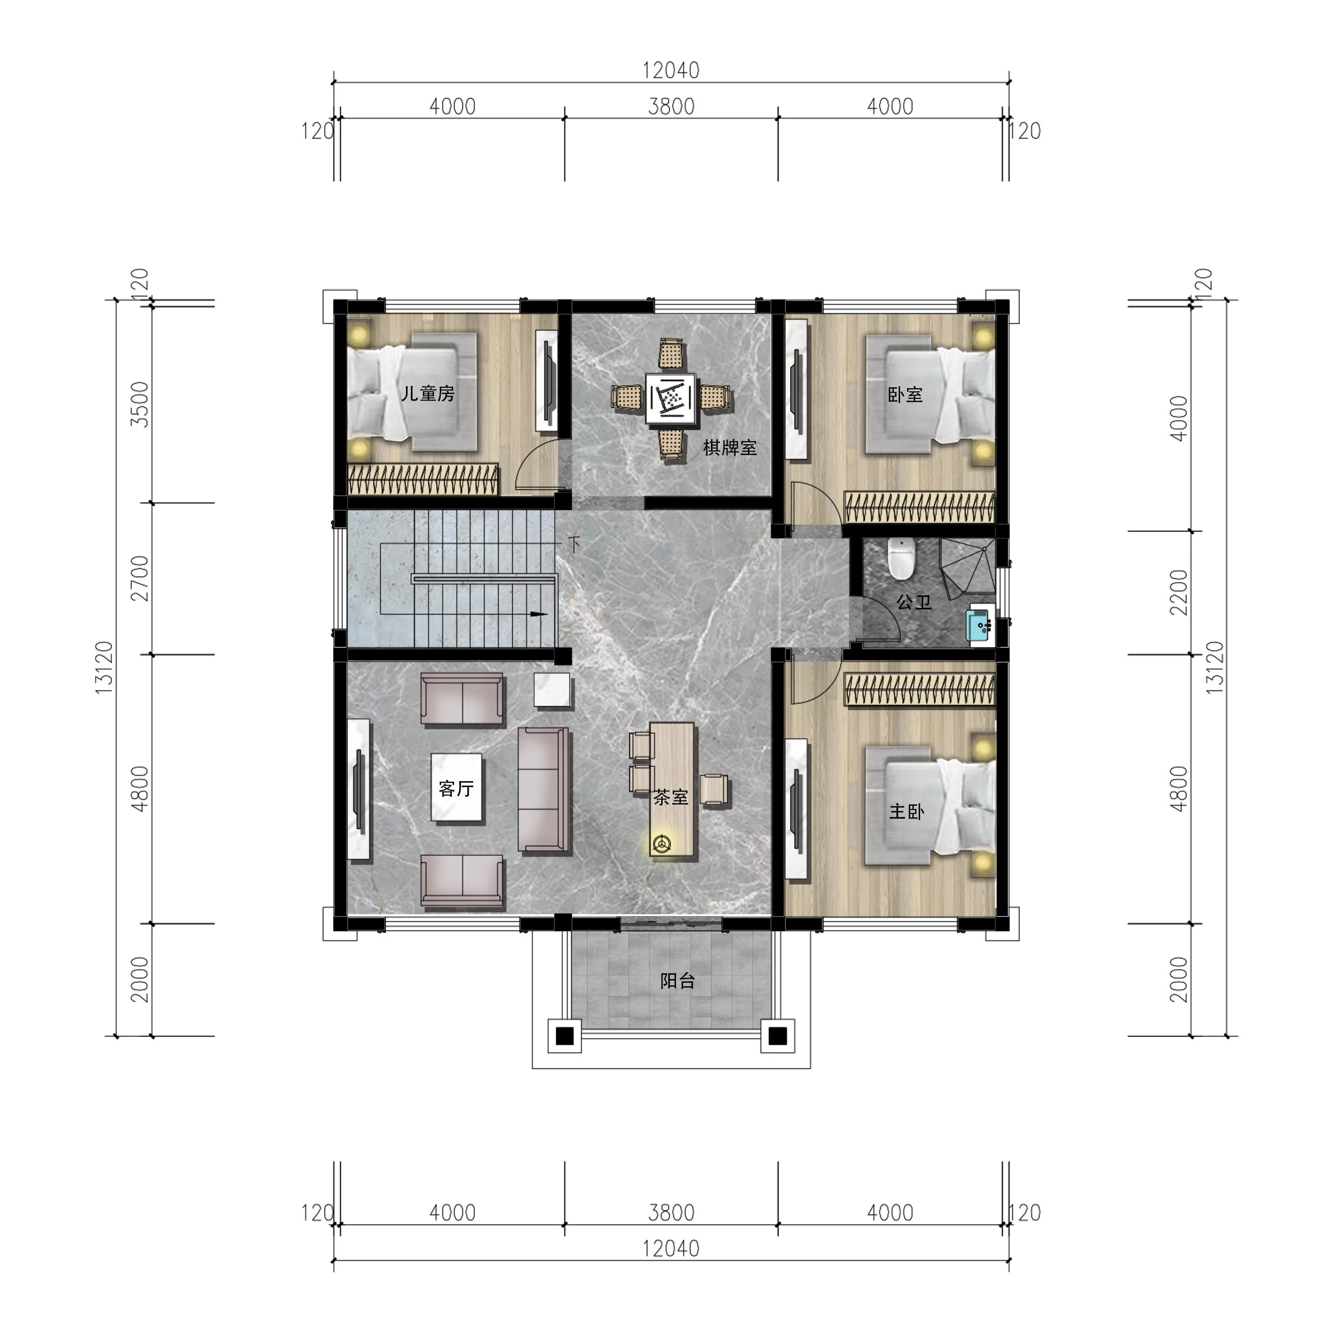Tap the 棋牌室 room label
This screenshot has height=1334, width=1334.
[730, 448]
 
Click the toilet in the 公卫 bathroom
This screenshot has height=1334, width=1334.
[901, 558]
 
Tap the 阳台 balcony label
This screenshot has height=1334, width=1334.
[677, 981]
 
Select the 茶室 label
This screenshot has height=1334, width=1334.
[671, 797]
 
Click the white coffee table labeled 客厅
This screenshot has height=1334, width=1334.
[456, 787]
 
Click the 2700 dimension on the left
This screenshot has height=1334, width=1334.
[140, 578]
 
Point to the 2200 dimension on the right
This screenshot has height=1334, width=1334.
[1179, 592]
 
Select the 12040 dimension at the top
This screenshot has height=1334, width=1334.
[671, 70]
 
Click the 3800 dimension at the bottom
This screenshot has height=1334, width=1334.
[671, 1213]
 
